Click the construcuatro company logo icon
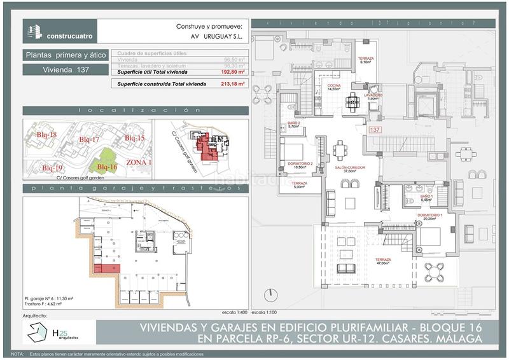34,31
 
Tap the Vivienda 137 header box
66,69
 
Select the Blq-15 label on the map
134,138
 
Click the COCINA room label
335,87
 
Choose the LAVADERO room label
373,96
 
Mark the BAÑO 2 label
293,124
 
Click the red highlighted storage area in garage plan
107,269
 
